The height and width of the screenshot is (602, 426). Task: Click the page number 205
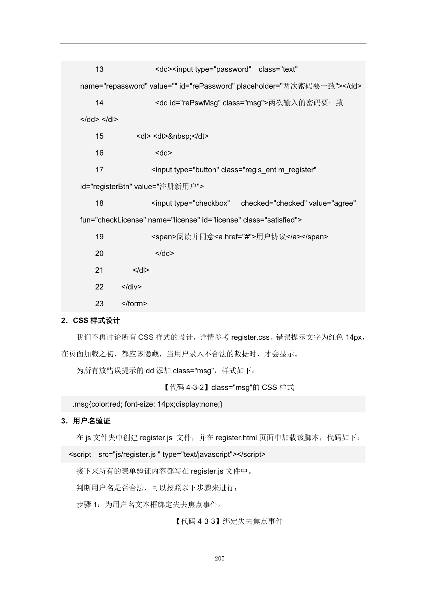click(220, 558)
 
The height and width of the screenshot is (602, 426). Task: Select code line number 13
click(99, 69)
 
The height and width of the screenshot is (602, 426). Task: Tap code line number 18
click(99, 203)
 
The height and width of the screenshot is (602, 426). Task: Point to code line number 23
click(99, 304)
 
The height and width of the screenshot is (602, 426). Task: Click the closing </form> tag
click(134, 304)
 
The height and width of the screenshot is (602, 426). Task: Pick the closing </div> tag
click(131, 287)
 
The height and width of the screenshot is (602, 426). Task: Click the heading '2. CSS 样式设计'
click(90, 321)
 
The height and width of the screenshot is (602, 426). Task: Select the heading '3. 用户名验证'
click(86, 421)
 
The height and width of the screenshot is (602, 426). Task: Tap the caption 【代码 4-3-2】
click(186, 388)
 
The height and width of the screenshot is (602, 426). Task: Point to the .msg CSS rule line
click(147, 404)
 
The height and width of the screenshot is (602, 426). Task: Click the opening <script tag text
click(80, 454)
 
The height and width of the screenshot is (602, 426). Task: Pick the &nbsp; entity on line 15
click(180, 136)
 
